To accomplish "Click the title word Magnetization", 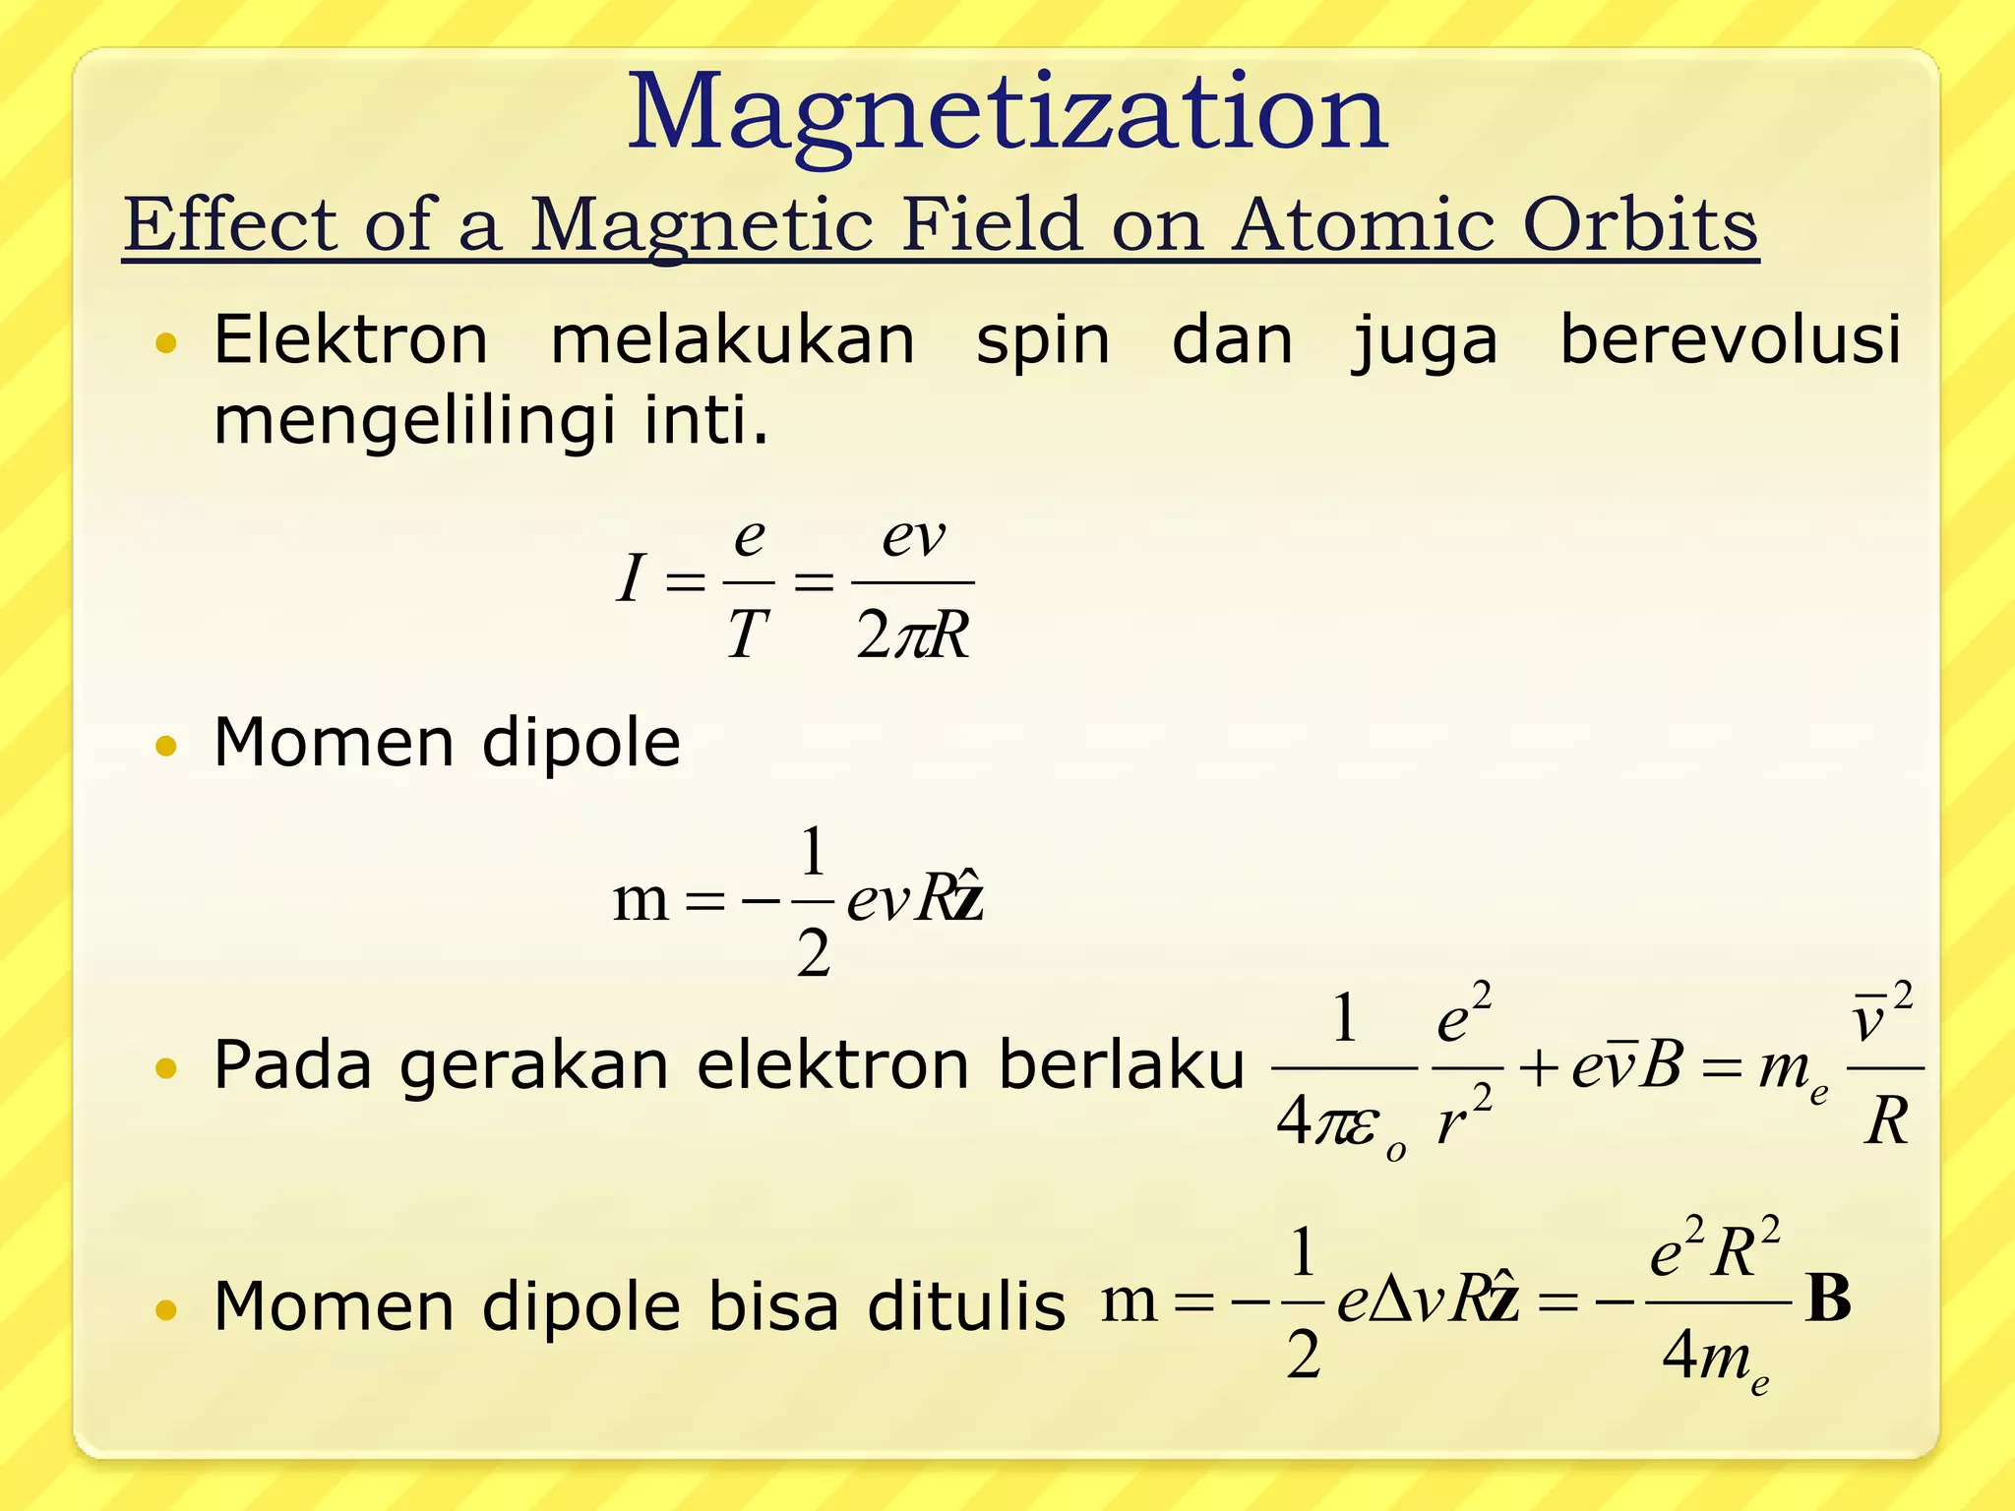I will [x=1007, y=113].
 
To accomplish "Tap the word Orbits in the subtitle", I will [x=1640, y=224].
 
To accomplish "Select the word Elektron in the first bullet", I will [x=351, y=339].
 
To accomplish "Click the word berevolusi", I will [x=1731, y=339].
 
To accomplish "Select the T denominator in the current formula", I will [x=748, y=634].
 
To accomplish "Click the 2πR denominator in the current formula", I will [x=913, y=635].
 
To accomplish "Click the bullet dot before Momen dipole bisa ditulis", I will [x=166, y=1309].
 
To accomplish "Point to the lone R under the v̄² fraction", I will [x=1886, y=1119].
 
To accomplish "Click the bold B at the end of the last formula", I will [x=1828, y=1299].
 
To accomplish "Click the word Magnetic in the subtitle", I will [x=702, y=226].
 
